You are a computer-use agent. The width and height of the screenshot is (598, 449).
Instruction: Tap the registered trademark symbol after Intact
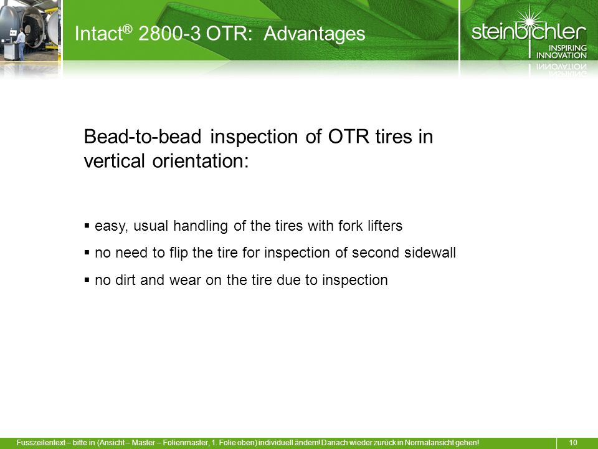pyautogui.click(x=128, y=28)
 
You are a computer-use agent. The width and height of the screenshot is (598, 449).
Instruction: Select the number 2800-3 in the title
pyautogui.click(x=169, y=33)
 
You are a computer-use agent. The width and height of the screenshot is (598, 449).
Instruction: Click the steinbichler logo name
pyautogui.click(x=529, y=31)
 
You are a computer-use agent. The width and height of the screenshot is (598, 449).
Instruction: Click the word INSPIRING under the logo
pyautogui.click(x=567, y=48)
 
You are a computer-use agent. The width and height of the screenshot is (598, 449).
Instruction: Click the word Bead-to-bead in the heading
pyautogui.click(x=142, y=137)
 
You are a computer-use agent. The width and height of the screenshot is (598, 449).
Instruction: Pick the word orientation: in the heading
pyautogui.click(x=201, y=161)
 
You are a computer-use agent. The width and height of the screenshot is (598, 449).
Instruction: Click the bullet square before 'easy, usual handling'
pyautogui.click(x=87, y=225)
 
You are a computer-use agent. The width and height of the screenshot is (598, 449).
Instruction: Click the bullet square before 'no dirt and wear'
pyautogui.click(x=87, y=280)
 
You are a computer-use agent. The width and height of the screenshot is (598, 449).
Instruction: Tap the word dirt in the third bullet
pyautogui.click(x=125, y=280)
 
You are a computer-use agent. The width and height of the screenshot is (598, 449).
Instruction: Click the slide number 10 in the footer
pyautogui.click(x=573, y=443)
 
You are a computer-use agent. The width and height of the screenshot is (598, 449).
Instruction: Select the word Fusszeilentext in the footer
pyautogui.click(x=41, y=443)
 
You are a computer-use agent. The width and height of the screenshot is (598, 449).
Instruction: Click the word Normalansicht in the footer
pyautogui.click(x=429, y=443)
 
